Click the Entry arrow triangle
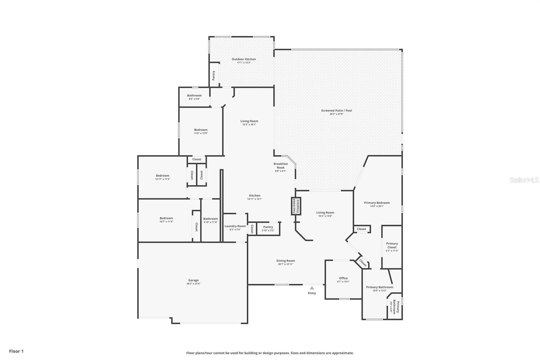pos(312,288)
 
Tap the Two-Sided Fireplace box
pos(296,206)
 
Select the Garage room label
pos(193,280)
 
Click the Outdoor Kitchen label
pos(244,59)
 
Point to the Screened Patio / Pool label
pos(336,110)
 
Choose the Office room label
pos(343,278)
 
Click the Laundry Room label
pos(235,226)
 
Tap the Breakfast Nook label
pos(280,165)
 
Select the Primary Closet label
pos(392,245)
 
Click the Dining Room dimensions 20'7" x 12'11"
pos(286,264)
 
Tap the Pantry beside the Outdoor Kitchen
pos(214,75)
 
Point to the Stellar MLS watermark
pos(524,180)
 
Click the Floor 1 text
pos(16,351)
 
